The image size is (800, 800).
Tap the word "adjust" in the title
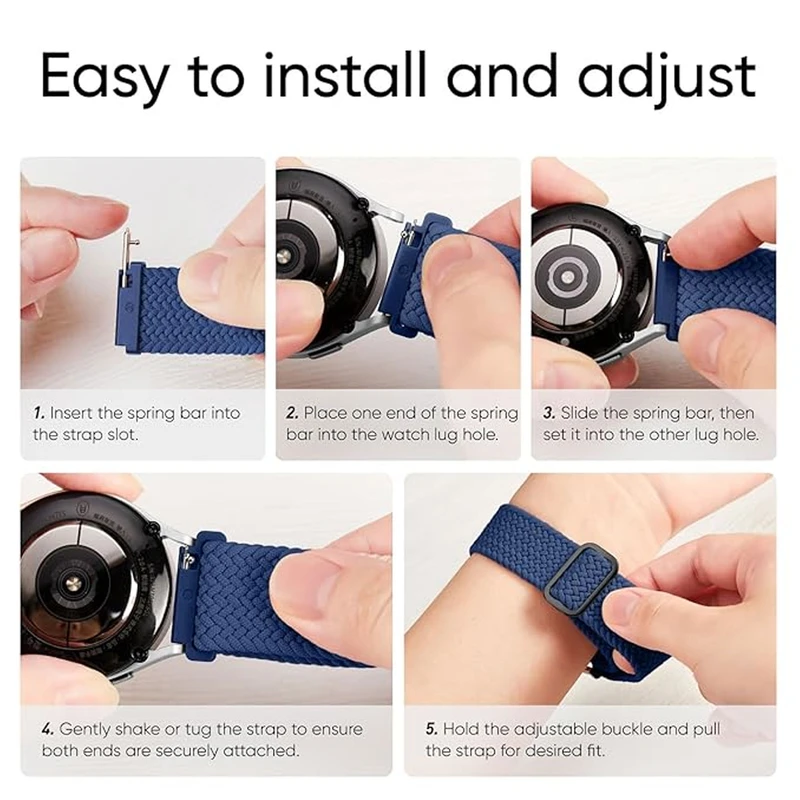coord(666,78)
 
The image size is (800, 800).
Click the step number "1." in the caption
coord(39,412)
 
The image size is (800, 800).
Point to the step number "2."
coord(292,412)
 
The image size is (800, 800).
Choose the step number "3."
coord(549,412)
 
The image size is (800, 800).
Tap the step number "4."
coord(48,729)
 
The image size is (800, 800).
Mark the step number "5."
coord(432,729)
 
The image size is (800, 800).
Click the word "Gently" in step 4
coord(83,730)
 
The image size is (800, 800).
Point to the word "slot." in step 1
coord(122,435)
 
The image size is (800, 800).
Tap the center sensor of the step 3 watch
coord(567,278)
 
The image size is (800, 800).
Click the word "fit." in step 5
coord(593,751)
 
